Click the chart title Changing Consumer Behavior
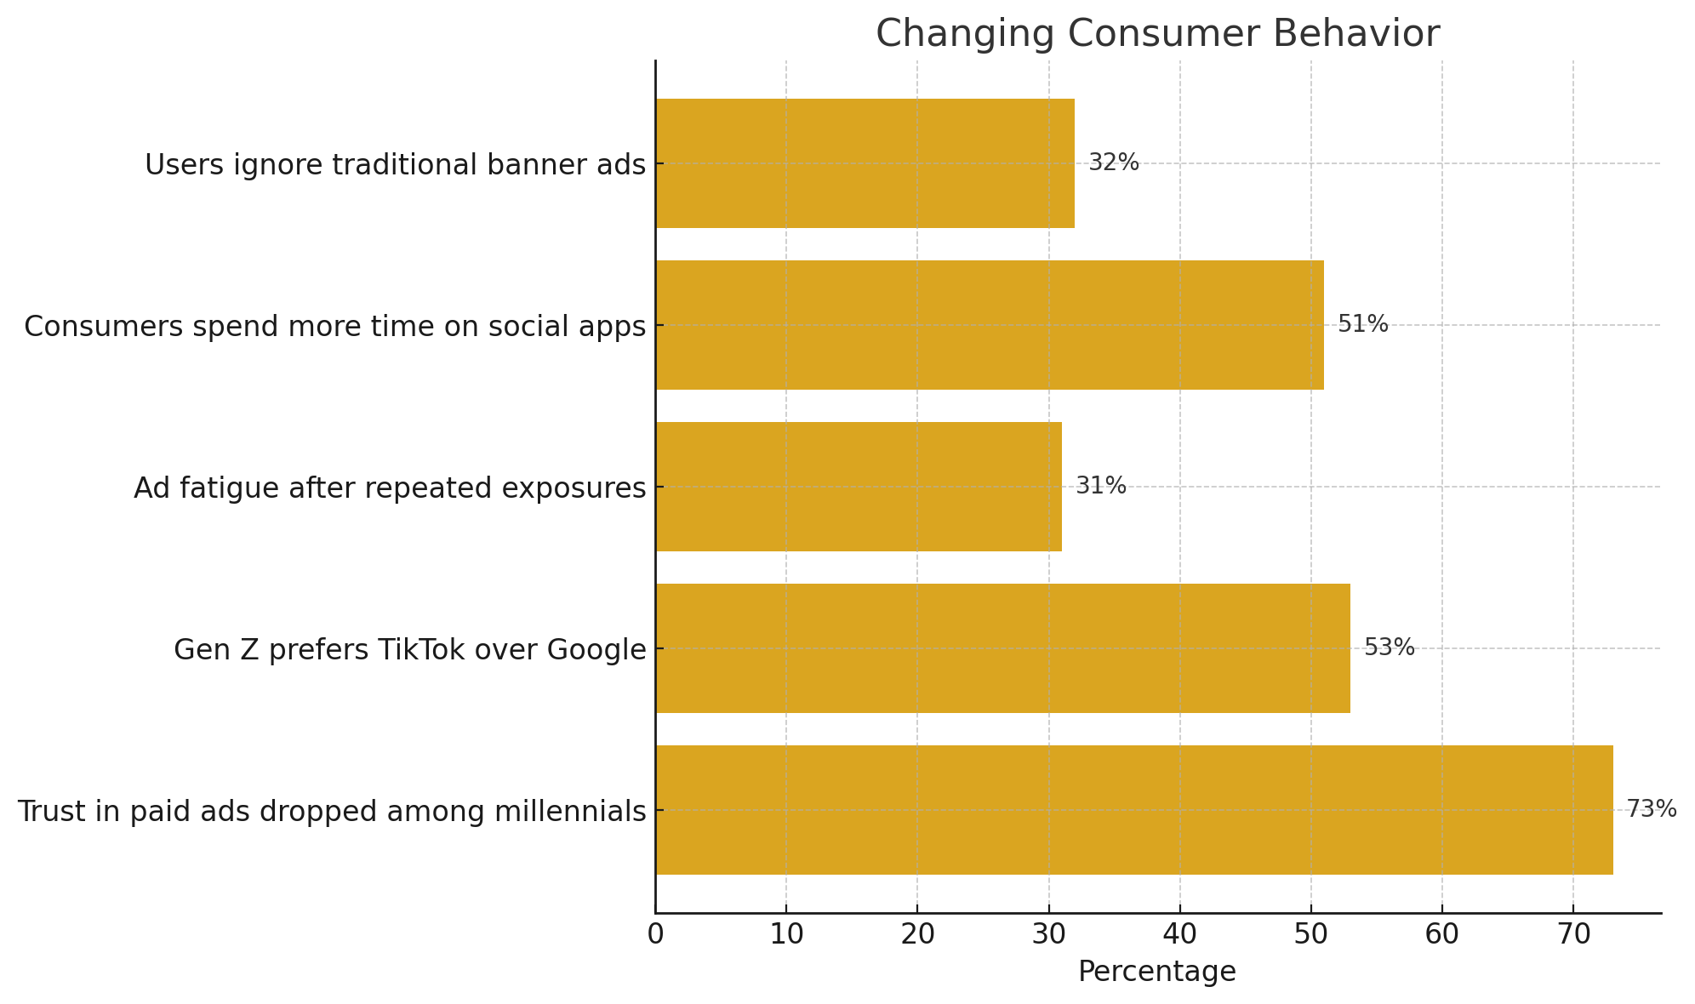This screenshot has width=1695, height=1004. [1157, 34]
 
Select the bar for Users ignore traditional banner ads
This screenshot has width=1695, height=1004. [865, 163]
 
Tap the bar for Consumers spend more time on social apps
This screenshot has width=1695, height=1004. [989, 325]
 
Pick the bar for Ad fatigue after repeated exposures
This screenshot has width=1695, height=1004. [858, 487]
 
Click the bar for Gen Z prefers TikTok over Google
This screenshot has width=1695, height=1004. [1002, 648]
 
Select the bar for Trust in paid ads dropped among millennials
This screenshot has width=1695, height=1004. [1133, 810]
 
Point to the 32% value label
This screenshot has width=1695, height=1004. [1113, 163]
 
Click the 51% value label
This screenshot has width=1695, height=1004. [1362, 324]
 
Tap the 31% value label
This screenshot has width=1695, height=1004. [1100, 486]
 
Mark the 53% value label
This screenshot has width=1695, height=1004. [1389, 647]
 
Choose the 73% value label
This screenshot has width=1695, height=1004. [1651, 809]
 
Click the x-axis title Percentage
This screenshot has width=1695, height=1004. [1156, 972]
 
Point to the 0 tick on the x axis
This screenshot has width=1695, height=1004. [655, 934]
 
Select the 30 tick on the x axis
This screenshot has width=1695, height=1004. [1048, 934]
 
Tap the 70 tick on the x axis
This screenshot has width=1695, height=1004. [1572, 934]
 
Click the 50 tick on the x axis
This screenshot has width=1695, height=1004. [1310, 934]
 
